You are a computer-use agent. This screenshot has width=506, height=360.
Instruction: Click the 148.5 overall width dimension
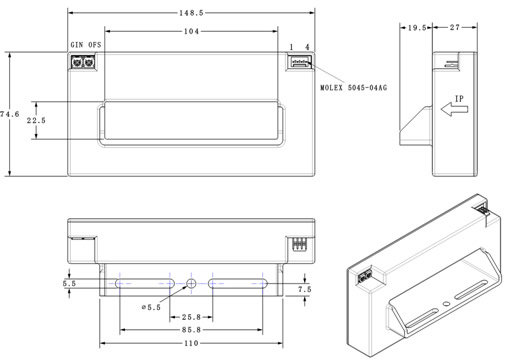(191, 13)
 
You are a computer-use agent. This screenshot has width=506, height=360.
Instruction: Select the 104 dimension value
(191, 31)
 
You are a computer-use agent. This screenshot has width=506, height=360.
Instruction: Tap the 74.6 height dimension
(9, 114)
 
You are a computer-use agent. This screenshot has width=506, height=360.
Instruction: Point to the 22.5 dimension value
(36, 120)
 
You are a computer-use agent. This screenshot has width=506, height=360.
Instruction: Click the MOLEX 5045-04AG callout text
(354, 88)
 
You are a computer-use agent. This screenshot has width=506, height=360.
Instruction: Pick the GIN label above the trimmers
(77, 45)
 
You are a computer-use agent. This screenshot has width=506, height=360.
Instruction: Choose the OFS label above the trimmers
(95, 45)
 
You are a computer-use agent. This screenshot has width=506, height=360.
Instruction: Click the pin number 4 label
(307, 47)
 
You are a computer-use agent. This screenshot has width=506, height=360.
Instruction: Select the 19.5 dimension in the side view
(417, 28)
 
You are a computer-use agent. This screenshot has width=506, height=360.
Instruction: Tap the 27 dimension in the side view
(455, 27)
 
